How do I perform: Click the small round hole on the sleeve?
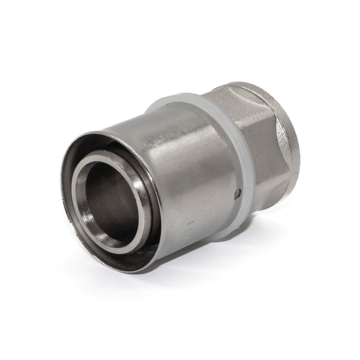point(238,193)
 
